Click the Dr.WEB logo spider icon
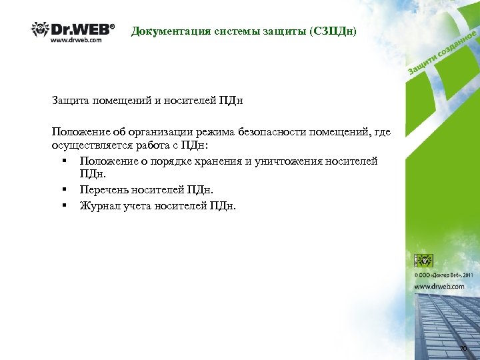(x=39, y=30)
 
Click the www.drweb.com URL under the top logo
(x=77, y=40)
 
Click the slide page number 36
(x=463, y=349)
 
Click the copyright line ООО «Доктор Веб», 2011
(x=443, y=274)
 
